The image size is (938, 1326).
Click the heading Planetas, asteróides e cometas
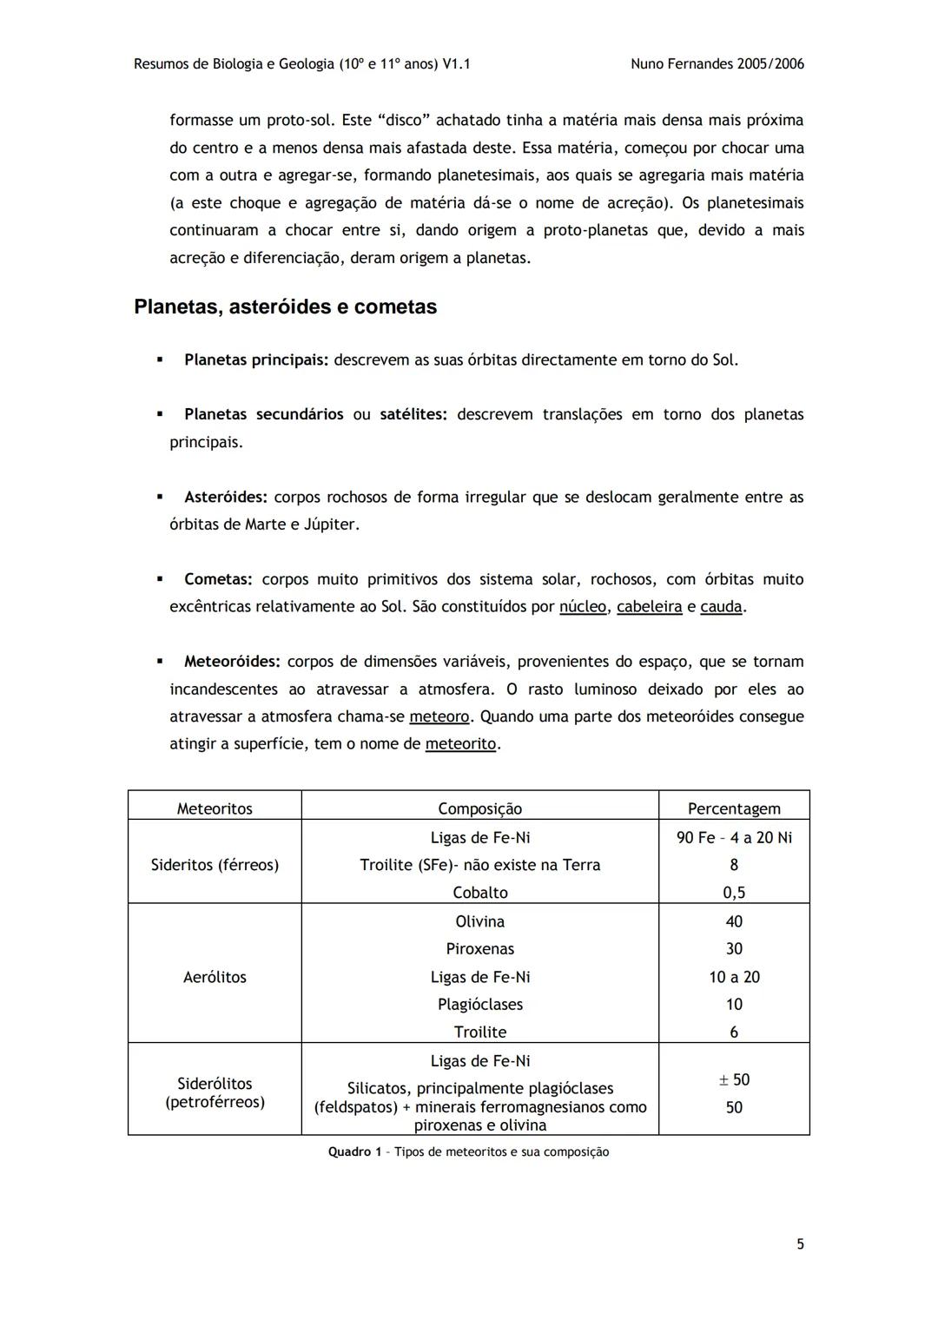click(x=285, y=307)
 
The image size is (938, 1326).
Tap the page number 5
click(x=800, y=1244)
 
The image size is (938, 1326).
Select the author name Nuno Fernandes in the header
click(x=682, y=63)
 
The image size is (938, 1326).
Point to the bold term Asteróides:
click(x=226, y=497)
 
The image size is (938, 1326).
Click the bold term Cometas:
click(x=218, y=579)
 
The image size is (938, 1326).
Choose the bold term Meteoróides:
click(x=232, y=662)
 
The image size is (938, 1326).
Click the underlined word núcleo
click(x=583, y=607)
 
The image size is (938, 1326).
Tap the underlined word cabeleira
click(x=649, y=607)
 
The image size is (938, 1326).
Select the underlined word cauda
click(x=721, y=607)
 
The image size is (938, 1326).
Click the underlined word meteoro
click(x=439, y=717)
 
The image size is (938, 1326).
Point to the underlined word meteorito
click(x=460, y=744)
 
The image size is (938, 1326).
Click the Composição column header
click(x=479, y=808)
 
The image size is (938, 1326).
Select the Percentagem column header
click(x=734, y=808)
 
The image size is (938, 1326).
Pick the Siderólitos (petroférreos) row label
click(x=215, y=1092)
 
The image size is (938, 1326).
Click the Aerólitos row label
click(x=215, y=977)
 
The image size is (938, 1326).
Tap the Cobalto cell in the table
click(x=479, y=893)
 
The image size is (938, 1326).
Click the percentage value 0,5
click(x=734, y=893)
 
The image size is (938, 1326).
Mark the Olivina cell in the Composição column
click(x=479, y=921)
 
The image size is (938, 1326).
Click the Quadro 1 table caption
click(x=468, y=1152)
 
